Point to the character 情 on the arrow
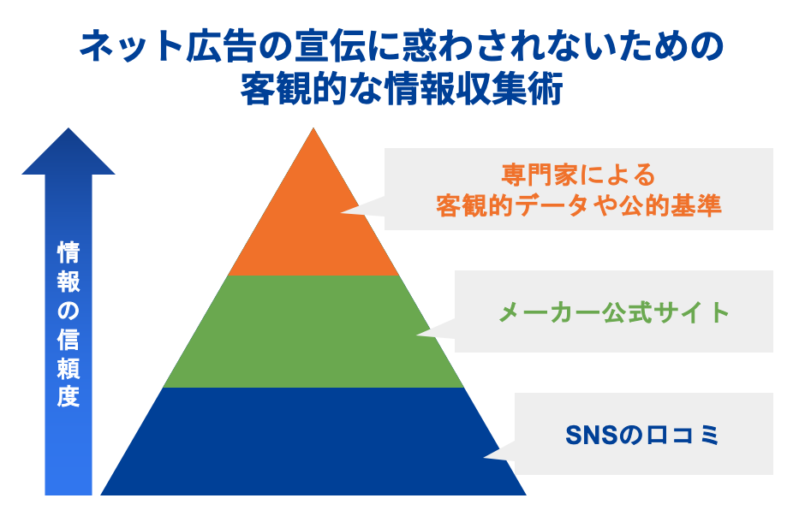point(69,252)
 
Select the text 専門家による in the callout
point(578,175)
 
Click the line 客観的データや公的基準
point(578,206)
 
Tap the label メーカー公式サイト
point(614,311)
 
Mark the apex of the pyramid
point(314,130)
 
